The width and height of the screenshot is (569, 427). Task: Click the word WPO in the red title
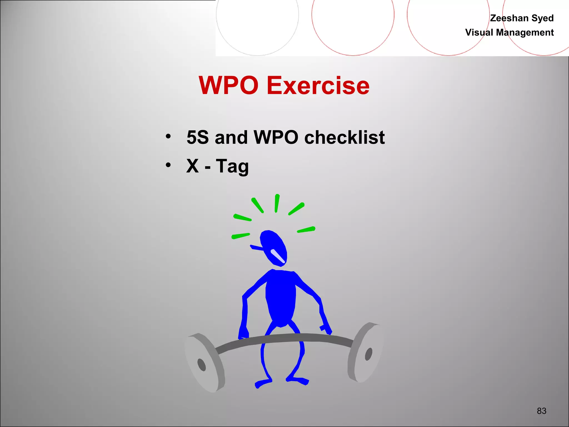tap(228, 85)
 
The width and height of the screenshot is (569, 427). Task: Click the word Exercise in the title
tap(318, 85)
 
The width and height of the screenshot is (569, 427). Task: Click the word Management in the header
tap(525, 33)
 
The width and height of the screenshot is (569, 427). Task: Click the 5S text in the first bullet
tap(198, 137)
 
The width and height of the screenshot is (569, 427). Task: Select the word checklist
tap(345, 137)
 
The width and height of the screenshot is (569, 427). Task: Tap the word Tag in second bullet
tap(232, 166)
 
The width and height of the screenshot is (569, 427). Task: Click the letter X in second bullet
tap(193, 166)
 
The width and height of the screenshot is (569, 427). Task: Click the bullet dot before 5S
tap(168, 136)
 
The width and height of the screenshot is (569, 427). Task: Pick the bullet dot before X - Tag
tap(168, 165)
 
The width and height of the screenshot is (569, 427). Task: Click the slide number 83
tap(541, 411)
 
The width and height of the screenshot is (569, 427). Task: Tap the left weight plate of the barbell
tap(204, 363)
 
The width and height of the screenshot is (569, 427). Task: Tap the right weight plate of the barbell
tap(365, 353)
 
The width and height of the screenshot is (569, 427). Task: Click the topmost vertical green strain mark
tap(277, 203)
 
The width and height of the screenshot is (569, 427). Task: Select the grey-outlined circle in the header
tap(257, 22)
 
